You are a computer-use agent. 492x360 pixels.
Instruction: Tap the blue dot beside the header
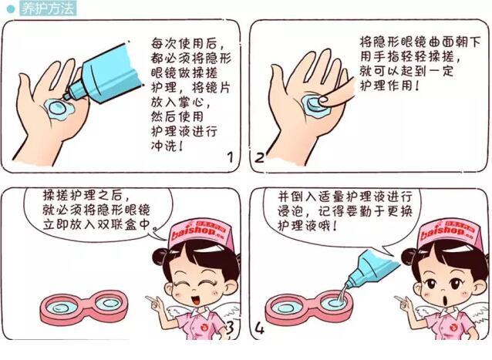click(10, 8)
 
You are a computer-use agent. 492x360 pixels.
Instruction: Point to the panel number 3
click(229, 331)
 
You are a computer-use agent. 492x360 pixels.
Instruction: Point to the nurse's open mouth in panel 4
click(433, 301)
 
